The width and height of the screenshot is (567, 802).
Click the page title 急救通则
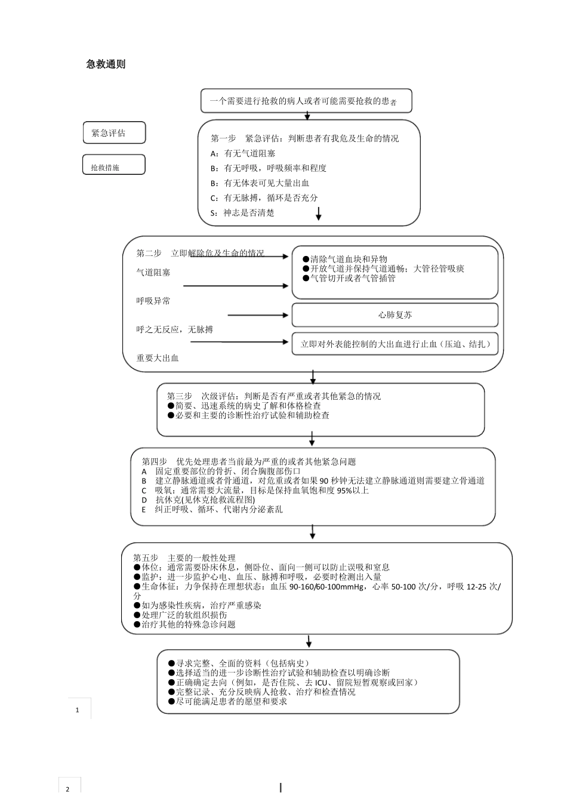(106, 64)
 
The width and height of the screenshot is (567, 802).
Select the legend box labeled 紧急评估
(114, 133)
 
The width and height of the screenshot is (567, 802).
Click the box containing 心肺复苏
(395, 314)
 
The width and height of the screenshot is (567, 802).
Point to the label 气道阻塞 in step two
(153, 272)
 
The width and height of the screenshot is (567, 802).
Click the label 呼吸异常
(153, 301)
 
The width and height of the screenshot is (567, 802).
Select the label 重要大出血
(158, 358)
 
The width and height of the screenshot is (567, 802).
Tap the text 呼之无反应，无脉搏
(174, 329)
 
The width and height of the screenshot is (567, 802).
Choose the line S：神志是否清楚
(242, 212)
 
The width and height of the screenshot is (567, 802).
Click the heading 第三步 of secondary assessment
(179, 396)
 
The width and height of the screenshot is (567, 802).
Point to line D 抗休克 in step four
(198, 499)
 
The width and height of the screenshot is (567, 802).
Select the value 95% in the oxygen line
(345, 491)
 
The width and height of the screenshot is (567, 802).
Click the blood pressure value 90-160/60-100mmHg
(326, 587)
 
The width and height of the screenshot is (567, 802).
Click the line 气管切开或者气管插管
(352, 278)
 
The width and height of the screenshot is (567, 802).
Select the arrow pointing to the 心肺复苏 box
(258, 315)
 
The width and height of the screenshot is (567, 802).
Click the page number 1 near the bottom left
(77, 710)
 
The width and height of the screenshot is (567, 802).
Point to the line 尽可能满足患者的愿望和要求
(227, 701)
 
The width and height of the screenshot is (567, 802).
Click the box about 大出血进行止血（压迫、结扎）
(395, 344)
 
